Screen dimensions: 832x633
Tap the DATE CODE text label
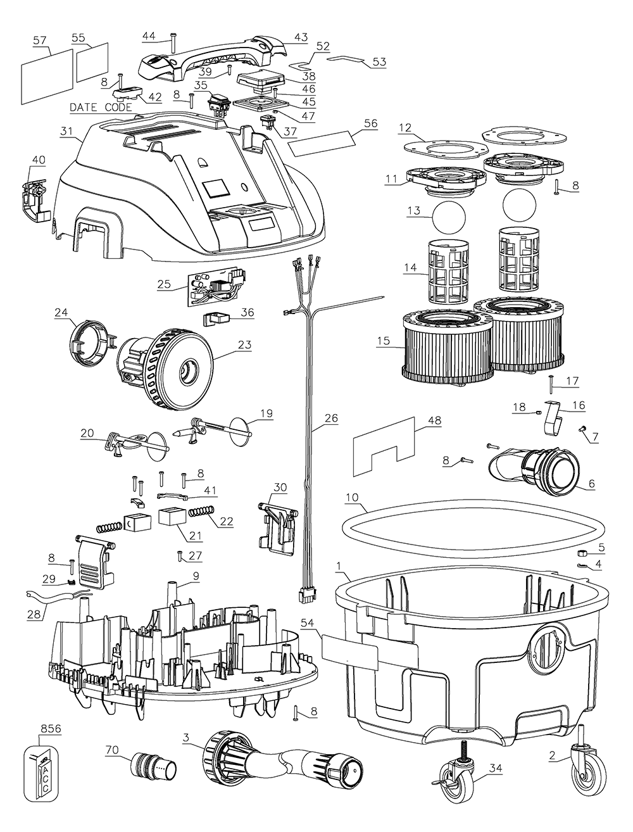(101, 108)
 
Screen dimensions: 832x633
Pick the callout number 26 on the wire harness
(331, 419)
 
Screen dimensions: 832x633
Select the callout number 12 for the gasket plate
(406, 127)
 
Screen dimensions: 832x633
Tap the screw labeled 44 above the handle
(172, 46)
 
